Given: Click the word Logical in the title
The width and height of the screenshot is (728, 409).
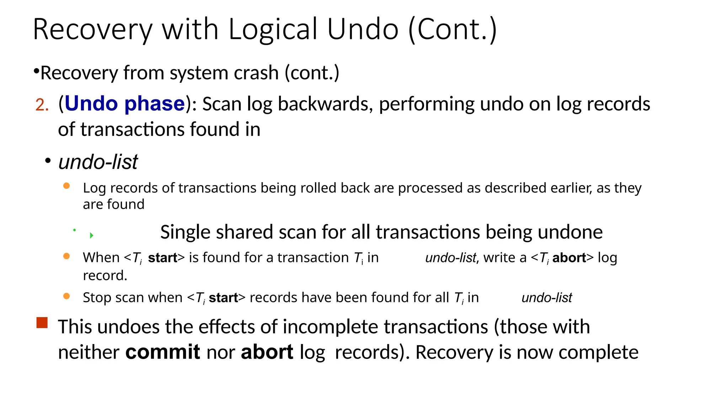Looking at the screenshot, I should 273,30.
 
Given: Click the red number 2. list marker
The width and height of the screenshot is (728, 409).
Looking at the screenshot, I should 42,105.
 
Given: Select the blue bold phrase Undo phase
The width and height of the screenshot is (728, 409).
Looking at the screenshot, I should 124,104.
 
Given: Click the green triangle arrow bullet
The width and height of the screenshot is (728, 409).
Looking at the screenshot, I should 91,235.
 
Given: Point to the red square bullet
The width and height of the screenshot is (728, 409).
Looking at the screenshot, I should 42,323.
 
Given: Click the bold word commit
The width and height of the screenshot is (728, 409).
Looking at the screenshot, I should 162,352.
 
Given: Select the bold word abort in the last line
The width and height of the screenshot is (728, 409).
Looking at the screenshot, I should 267,352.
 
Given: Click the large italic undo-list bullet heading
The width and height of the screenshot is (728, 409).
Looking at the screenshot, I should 98,162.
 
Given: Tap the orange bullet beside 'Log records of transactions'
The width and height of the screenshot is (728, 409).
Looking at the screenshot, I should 66,186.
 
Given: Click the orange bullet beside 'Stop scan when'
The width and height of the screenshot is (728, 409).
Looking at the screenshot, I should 66,296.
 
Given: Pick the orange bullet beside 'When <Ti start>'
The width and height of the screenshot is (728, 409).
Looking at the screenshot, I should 66,256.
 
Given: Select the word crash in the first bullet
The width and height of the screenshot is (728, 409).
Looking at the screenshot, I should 256,73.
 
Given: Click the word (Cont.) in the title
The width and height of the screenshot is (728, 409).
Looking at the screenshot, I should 452,30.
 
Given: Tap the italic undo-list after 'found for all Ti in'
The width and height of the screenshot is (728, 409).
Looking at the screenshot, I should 547,298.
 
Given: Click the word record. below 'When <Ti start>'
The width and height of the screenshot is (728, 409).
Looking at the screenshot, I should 105,276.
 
